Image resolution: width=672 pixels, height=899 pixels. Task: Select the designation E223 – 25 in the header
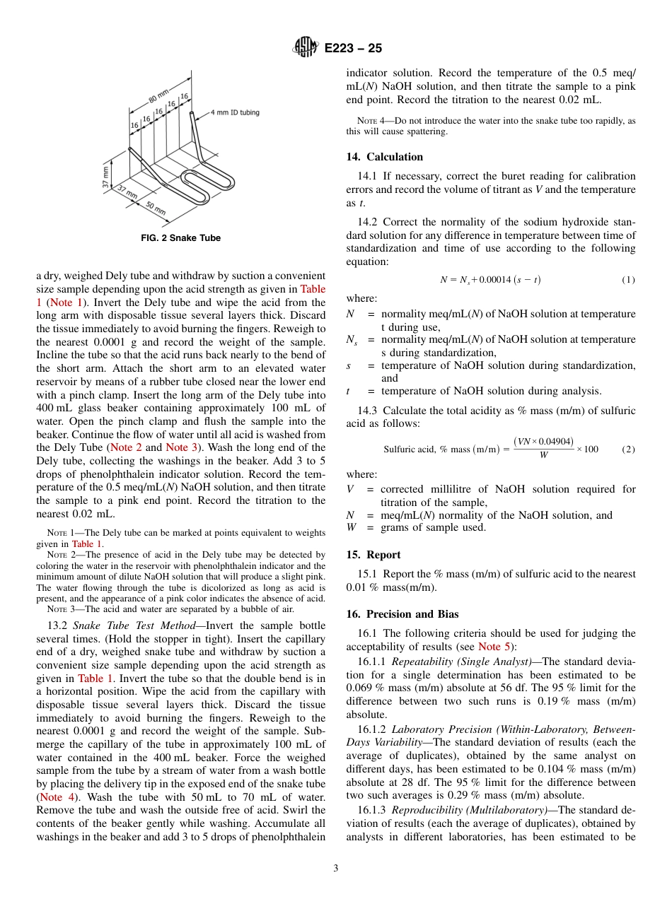[x=353, y=48]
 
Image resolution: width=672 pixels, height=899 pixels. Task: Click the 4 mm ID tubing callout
[x=235, y=112]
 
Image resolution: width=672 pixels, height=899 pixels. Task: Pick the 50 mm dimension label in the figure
[x=155, y=208]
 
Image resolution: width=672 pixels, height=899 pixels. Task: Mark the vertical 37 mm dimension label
[x=107, y=177]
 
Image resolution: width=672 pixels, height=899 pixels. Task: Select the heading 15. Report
[x=373, y=555]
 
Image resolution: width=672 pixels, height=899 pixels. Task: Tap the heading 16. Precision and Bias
[x=402, y=614]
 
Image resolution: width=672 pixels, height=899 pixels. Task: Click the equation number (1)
[x=628, y=280]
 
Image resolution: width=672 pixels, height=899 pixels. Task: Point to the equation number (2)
[x=628, y=449]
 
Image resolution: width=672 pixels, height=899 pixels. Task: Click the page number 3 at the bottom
[x=335, y=868]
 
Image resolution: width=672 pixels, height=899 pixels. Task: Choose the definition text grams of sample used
[x=433, y=527]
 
